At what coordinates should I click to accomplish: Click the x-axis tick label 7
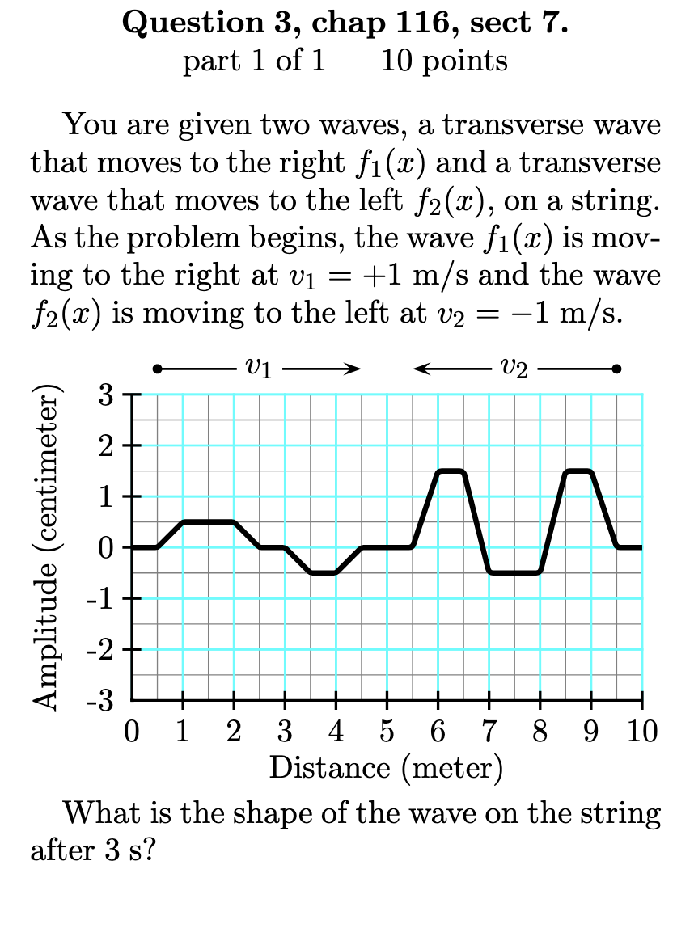pyautogui.click(x=489, y=734)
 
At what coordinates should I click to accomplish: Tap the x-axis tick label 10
pyautogui.click(x=641, y=734)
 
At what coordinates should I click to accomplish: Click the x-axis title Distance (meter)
pyautogui.click(x=386, y=767)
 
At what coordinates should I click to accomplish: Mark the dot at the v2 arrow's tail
pyautogui.click(x=617, y=369)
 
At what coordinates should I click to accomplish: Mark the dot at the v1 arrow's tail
pyautogui.click(x=157, y=369)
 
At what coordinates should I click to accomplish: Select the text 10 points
pyautogui.click(x=444, y=61)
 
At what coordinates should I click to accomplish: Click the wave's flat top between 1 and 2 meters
pyautogui.click(x=209, y=522)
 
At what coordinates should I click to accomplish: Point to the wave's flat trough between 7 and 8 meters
pyautogui.click(x=514, y=572)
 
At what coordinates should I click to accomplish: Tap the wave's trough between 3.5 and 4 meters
pyautogui.click(x=323, y=572)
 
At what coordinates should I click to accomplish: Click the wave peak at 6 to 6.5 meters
pyautogui.click(x=451, y=470)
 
